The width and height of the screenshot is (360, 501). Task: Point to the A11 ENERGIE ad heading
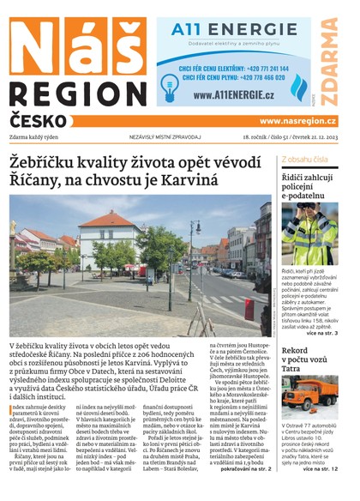click(x=219, y=30)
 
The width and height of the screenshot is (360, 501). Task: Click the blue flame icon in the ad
click(x=299, y=88)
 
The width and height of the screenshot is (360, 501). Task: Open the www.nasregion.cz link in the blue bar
click(x=298, y=121)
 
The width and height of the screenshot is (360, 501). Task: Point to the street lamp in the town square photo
click(x=195, y=257)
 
